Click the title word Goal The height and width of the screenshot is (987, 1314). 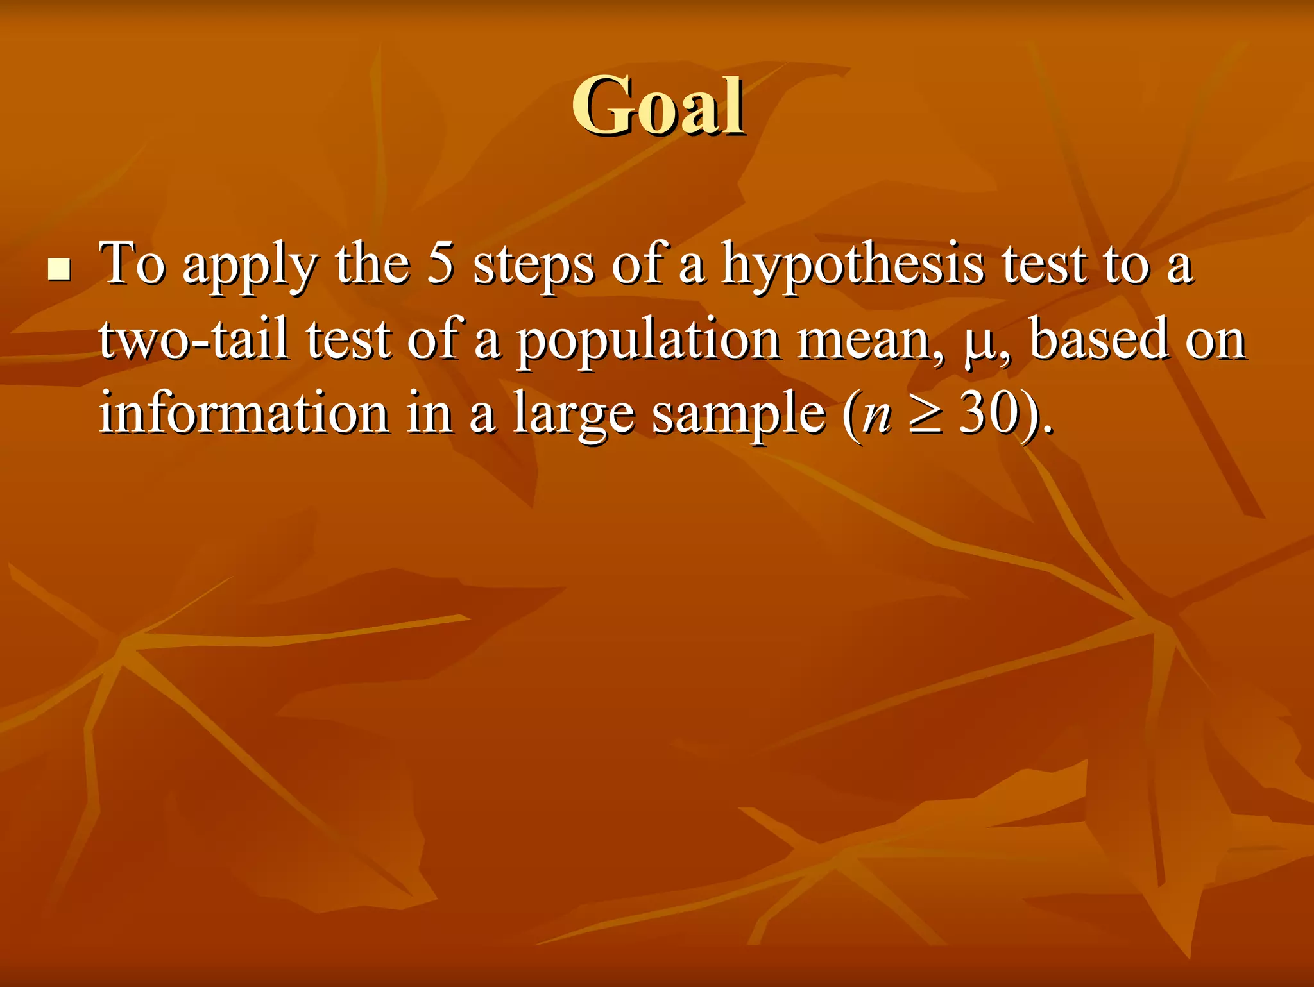[658, 105]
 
